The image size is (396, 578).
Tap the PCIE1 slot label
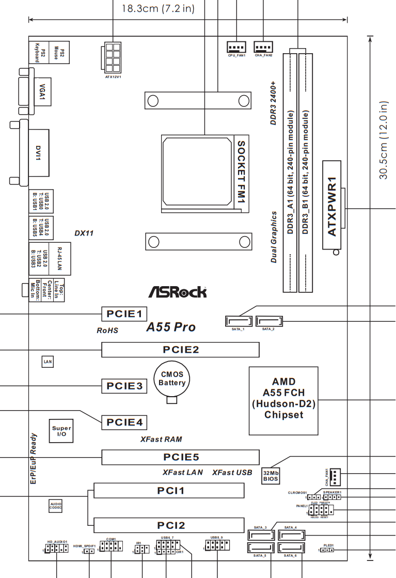point(124,313)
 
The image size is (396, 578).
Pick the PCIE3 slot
point(124,385)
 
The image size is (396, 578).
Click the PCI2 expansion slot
point(168,525)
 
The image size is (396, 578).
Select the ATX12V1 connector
point(113,58)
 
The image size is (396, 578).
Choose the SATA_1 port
point(238,321)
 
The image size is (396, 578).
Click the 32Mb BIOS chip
point(270,475)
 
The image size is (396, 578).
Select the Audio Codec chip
point(56,505)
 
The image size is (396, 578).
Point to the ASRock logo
point(178,292)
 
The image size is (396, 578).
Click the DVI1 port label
point(38,153)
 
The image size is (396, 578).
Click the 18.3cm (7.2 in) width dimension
point(158,8)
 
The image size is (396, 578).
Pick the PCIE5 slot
point(180,457)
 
